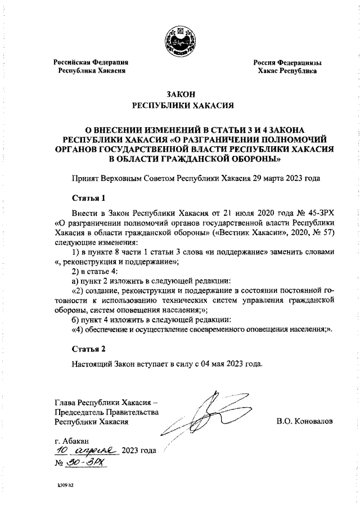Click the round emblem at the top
[x=179, y=40]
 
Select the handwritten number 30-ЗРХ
[x=85, y=462]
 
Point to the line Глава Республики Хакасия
[x=103, y=402]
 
